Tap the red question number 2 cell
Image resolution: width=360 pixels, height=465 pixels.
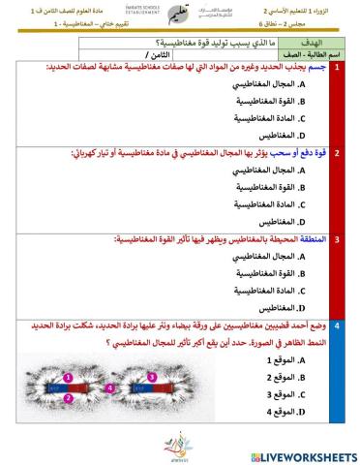[x=337, y=152]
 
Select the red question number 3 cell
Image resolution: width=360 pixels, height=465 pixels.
[x=337, y=236]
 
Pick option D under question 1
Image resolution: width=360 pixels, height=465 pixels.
[x=283, y=136]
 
